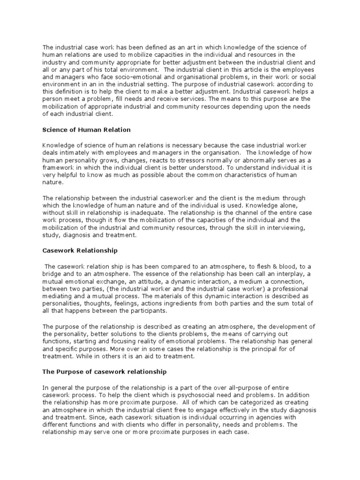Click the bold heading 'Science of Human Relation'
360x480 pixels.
click(86, 129)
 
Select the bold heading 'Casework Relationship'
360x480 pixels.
click(80, 250)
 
